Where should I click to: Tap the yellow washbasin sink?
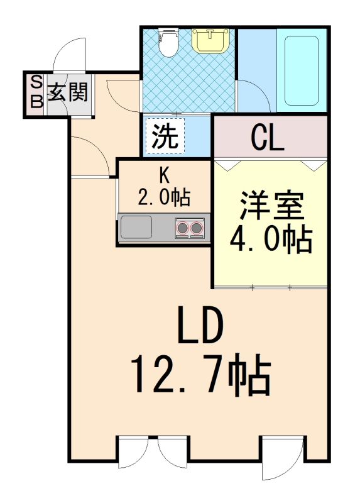[210, 40]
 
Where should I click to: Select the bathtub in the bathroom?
[302, 70]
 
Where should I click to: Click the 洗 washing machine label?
[165, 136]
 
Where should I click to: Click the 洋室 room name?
[271, 205]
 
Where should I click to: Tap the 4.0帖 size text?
[271, 240]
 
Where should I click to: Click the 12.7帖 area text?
[201, 373]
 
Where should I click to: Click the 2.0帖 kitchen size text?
[164, 197]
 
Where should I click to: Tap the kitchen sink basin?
[136, 227]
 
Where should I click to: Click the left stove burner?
[183, 228]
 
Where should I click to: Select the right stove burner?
[196, 228]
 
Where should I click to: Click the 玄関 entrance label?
[68, 92]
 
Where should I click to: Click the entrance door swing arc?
[63, 48]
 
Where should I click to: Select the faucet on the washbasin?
[210, 32]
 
